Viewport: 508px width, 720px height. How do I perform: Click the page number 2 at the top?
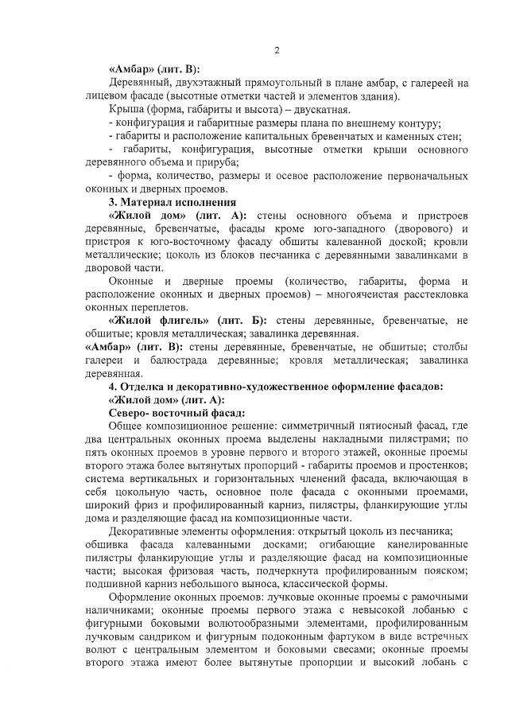coord(276,50)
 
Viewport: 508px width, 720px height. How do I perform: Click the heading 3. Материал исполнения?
coord(163,202)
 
